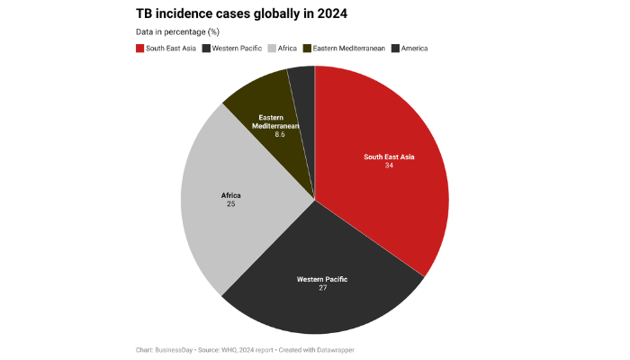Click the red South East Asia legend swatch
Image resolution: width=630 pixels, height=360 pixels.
tap(139, 48)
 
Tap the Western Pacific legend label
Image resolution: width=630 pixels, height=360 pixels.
tap(236, 48)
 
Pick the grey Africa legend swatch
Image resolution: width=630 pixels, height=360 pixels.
tap(273, 48)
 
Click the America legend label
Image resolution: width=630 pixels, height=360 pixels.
tap(414, 48)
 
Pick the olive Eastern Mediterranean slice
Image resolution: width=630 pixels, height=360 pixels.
tap(261, 103)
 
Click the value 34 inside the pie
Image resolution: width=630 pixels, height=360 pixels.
tap(389, 166)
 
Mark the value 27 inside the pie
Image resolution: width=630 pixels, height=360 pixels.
tap(322, 289)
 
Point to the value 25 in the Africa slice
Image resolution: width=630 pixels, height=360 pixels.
tap(231, 204)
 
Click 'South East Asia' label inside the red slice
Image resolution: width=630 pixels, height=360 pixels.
tap(389, 157)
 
